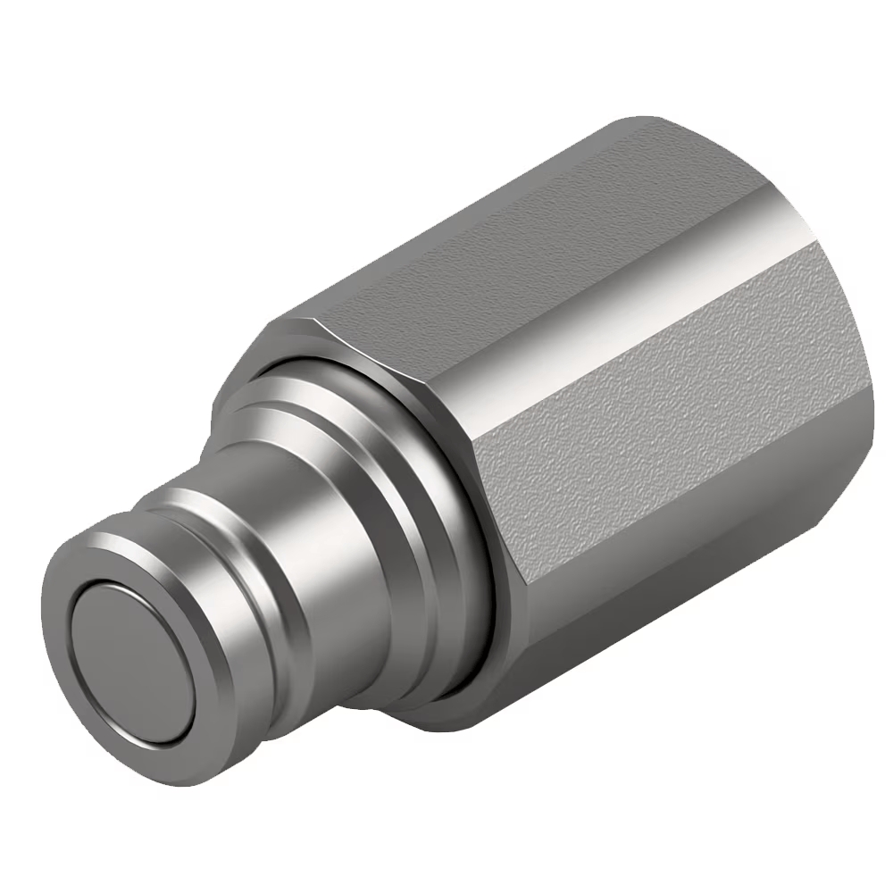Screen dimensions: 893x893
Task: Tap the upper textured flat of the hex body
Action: click(x=500, y=241)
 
